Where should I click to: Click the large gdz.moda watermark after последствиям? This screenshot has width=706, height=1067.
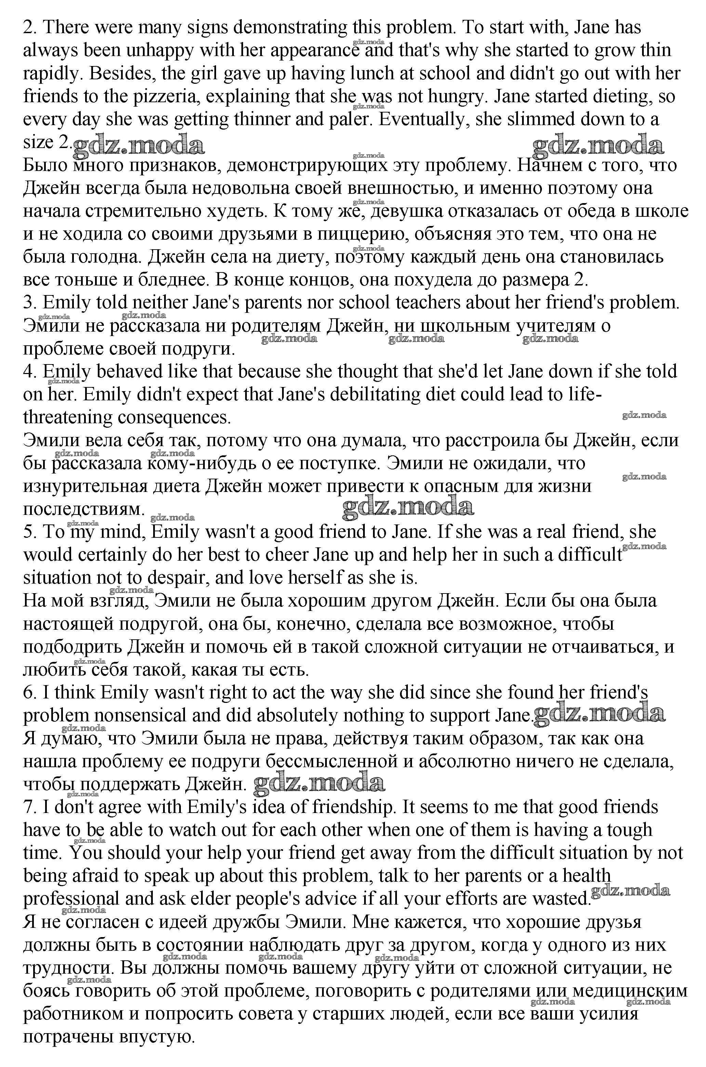(x=408, y=507)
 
